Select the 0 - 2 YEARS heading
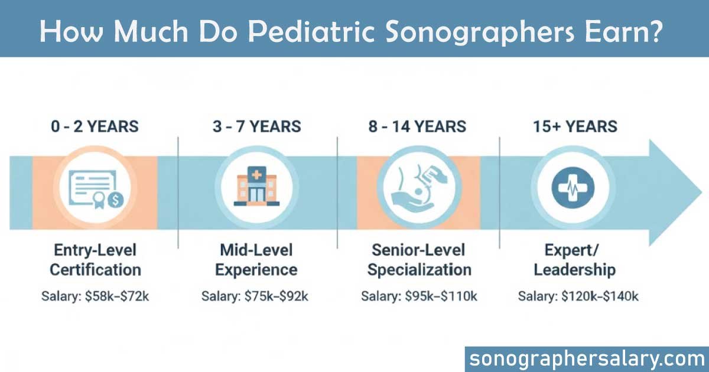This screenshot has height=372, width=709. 95,126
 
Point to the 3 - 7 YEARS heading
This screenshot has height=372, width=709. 256,126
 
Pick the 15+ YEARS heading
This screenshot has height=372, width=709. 573,126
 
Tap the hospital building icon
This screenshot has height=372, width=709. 256,187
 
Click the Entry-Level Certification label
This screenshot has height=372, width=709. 95,260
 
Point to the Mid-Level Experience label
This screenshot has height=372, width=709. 256,260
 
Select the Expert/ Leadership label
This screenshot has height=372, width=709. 574,260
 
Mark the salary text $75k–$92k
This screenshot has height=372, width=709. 278,296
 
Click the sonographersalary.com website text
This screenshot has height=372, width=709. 587,358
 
